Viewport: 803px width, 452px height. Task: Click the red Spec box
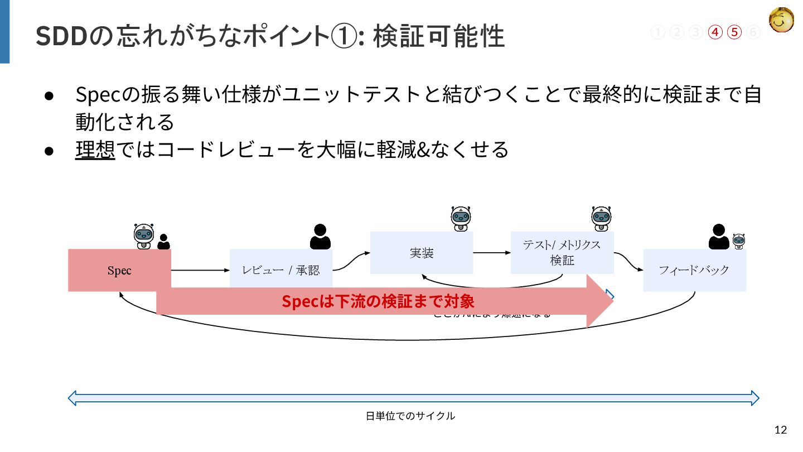coord(119,271)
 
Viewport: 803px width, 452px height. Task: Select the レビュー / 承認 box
coord(281,270)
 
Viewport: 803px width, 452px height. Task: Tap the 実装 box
coord(422,253)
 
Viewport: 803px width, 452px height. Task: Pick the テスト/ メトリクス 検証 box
coord(562,253)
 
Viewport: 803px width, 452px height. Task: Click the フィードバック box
coord(694,270)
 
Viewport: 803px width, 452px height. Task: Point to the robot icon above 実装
coord(461,218)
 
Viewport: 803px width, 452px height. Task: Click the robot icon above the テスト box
coord(602,218)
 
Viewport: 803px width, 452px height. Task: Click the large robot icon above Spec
coord(144,236)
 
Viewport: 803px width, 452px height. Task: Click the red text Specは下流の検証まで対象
coord(378,301)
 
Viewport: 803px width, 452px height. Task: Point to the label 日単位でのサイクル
coord(410,416)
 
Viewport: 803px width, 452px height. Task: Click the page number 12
coord(781,430)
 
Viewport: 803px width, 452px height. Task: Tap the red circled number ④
coord(715,32)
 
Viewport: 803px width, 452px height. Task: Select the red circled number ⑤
coord(734,32)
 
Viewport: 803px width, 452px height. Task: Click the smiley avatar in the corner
coord(782,21)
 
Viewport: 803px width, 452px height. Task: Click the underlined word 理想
coord(95,149)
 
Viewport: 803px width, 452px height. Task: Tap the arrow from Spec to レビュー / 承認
coord(200,271)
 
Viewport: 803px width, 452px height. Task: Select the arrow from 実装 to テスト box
coord(492,253)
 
